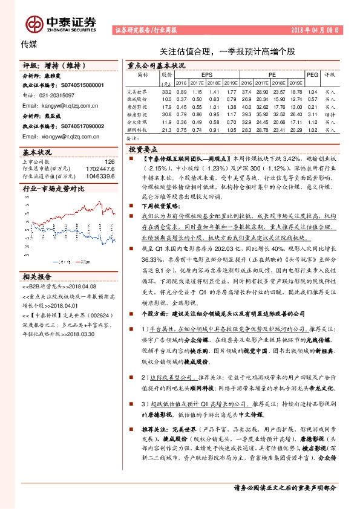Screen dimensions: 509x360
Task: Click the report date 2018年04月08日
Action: (316, 29)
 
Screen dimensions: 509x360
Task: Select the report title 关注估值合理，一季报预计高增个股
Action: (219, 53)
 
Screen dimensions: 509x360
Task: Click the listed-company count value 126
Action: (110, 162)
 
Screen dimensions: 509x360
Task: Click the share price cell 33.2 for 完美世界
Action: (167, 91)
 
